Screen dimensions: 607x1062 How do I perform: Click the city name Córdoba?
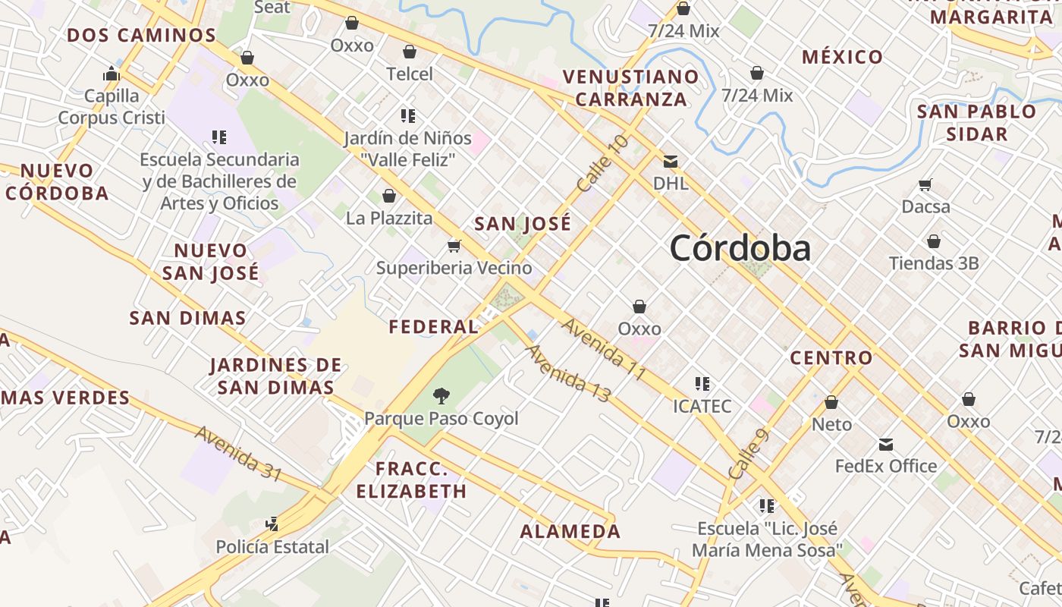740,248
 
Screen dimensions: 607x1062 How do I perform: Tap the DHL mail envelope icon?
671,161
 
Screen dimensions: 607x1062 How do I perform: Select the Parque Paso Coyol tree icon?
441,395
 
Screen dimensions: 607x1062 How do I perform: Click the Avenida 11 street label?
604,349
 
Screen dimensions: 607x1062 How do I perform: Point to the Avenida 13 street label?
567,373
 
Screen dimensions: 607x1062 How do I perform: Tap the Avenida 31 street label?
238,453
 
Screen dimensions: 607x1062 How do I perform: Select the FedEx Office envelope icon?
885,445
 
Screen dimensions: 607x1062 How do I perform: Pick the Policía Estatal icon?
272,524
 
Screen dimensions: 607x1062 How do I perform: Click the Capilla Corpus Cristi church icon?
112,74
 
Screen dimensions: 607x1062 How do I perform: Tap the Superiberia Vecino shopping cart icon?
454,246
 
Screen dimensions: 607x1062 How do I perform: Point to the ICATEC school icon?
702,384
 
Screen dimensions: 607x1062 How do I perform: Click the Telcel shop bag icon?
410,52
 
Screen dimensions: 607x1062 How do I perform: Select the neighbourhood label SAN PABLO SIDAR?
976,122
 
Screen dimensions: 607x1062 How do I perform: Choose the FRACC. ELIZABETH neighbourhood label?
411,479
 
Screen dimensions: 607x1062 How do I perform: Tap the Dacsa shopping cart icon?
925,184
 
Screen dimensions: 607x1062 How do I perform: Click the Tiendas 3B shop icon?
934,241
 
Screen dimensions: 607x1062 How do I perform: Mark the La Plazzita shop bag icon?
389,196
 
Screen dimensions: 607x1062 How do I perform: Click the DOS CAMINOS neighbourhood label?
141,35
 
